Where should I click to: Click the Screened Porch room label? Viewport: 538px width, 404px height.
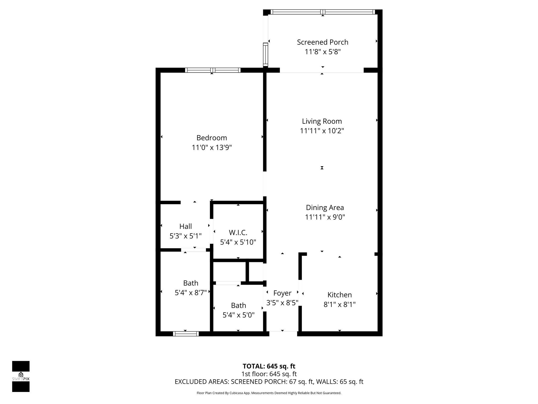pos(322,42)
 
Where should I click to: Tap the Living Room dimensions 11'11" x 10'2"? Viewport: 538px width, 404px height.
pos(322,131)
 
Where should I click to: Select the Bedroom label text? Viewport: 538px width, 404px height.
pos(211,138)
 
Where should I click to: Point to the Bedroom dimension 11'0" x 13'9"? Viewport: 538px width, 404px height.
pos(211,148)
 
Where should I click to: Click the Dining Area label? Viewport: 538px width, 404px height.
pos(325,208)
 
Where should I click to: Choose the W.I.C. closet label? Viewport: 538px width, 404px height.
pos(238,233)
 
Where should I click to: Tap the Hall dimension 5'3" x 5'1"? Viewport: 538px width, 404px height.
pos(185,236)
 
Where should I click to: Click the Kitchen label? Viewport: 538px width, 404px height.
pos(339,295)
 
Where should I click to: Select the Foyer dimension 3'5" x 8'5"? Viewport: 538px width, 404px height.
pos(282,303)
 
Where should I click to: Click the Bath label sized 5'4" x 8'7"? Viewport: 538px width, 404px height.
pos(190,283)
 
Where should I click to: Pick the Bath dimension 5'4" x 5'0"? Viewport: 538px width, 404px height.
pos(238,315)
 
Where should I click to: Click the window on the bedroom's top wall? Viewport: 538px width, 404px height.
pos(213,70)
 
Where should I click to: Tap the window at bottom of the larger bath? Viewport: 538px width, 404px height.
pos(186,334)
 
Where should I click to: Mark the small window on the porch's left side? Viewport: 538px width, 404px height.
pos(265,55)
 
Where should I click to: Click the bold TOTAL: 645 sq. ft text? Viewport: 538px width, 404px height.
pos(269,366)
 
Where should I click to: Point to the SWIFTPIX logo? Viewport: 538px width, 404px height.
pos(21,376)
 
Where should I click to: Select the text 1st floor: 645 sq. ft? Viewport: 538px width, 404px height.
pos(269,374)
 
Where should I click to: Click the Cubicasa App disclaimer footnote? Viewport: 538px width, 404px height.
pos(269,393)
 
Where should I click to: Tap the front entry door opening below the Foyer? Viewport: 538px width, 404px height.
pos(283,334)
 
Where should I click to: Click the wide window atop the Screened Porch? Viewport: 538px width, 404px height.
pos(323,12)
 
